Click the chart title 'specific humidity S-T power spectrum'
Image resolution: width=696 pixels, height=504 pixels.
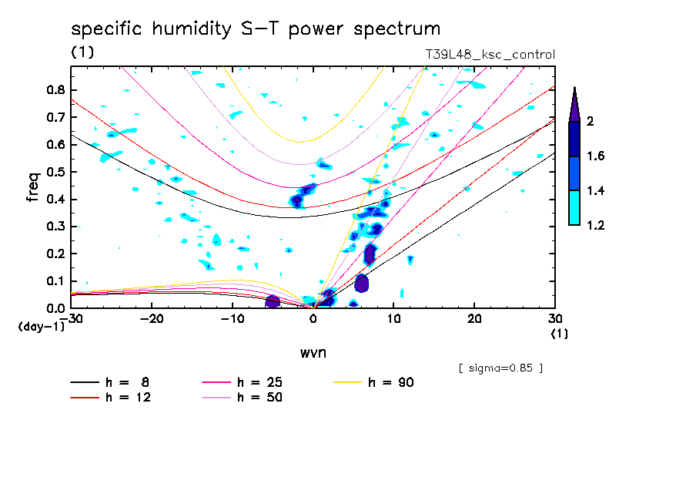(x=256, y=29)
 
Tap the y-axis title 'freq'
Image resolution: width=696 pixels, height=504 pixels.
(x=32, y=187)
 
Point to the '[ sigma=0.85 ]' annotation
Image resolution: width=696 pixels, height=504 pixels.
(x=500, y=368)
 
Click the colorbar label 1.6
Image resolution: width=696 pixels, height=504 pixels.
(x=595, y=156)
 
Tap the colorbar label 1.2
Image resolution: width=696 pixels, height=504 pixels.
(x=595, y=226)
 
